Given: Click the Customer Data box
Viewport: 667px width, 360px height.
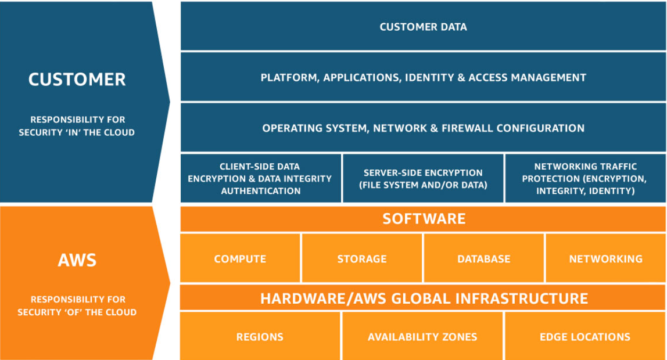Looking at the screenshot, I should click(x=423, y=27).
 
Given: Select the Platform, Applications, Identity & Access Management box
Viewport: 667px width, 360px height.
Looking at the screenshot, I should click(x=423, y=77).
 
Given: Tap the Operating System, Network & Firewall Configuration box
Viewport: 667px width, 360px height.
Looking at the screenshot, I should click(x=423, y=128).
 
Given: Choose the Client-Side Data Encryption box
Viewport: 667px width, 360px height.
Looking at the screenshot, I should click(x=261, y=178).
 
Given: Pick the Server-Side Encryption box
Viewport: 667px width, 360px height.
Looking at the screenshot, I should click(x=423, y=178).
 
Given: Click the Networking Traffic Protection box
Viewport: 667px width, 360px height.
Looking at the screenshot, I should click(x=585, y=178).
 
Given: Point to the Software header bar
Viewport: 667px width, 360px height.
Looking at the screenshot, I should click(x=423, y=219).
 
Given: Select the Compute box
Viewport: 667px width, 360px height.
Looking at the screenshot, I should click(x=240, y=258).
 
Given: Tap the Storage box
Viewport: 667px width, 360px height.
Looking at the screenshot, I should click(x=362, y=258).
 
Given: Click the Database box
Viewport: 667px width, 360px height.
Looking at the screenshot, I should click(x=483, y=258).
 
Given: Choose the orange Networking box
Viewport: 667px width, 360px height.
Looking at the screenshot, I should click(x=605, y=258).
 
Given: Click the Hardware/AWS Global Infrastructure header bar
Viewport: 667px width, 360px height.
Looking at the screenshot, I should click(x=423, y=298).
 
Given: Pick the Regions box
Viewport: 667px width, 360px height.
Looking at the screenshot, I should click(x=260, y=337).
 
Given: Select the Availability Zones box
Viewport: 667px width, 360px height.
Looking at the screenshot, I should click(x=422, y=337).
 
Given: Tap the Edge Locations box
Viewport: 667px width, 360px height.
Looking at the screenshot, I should click(x=584, y=337).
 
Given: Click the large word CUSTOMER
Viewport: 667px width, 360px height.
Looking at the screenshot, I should click(x=77, y=80).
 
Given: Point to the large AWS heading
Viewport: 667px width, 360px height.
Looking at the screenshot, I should click(x=77, y=260).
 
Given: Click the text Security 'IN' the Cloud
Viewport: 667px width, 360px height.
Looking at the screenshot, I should click(x=77, y=132).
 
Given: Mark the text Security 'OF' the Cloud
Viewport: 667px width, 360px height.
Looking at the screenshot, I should click(x=77, y=312).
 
